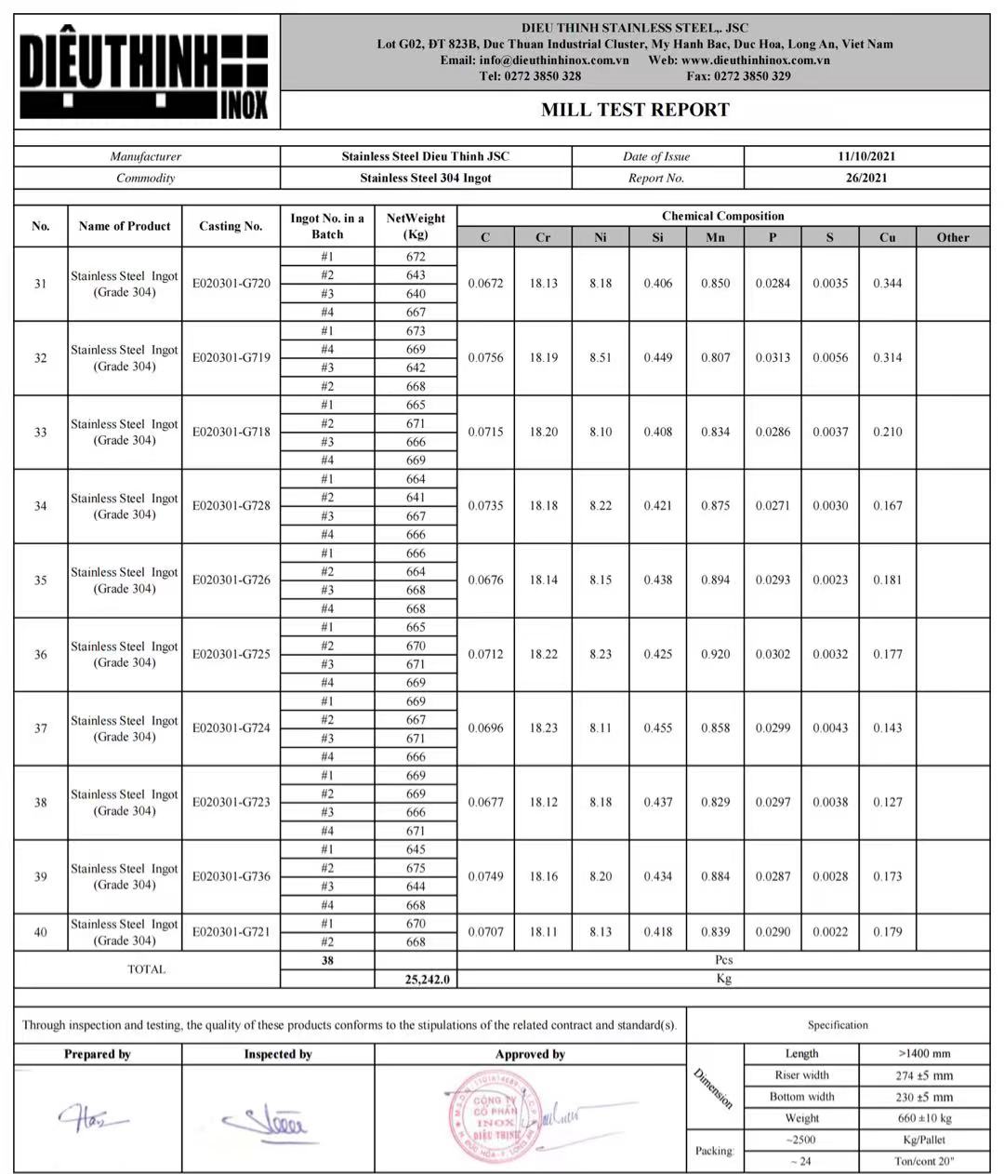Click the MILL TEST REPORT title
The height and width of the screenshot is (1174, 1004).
tap(635, 110)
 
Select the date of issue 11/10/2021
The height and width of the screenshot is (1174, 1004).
tap(866, 156)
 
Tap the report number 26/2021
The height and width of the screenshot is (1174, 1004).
tap(866, 178)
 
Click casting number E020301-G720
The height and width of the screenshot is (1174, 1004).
tap(231, 284)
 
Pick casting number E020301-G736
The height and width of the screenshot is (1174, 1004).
tap(231, 876)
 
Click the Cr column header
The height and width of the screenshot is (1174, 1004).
tap(543, 237)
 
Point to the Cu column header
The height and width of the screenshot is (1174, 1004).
tap(887, 237)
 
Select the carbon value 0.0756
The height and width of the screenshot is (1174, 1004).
tap(485, 357)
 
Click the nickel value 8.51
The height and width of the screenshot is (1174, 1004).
tap(601, 357)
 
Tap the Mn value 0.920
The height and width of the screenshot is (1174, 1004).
tap(715, 654)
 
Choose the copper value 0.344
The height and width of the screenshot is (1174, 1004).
tap(887, 284)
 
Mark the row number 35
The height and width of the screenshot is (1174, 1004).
tap(41, 580)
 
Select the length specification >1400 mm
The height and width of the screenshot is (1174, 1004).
tap(924, 1054)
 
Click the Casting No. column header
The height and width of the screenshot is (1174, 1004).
tap(231, 226)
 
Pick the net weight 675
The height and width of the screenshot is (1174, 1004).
tap(416, 868)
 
